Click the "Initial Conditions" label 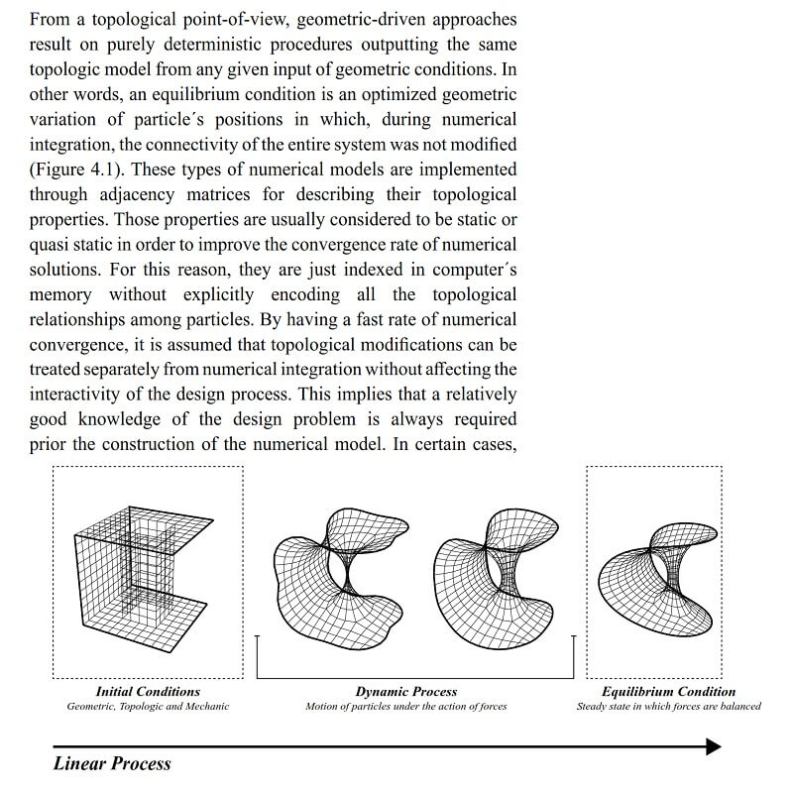[x=148, y=691]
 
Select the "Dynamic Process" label [x=406, y=691]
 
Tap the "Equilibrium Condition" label [x=669, y=691]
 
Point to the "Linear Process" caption [x=112, y=763]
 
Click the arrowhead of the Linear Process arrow [x=713, y=746]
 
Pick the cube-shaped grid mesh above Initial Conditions [x=144, y=575]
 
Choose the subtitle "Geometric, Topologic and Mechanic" [x=148, y=707]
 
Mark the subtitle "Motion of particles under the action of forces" [x=406, y=707]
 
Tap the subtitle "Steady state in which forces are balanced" [x=669, y=707]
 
